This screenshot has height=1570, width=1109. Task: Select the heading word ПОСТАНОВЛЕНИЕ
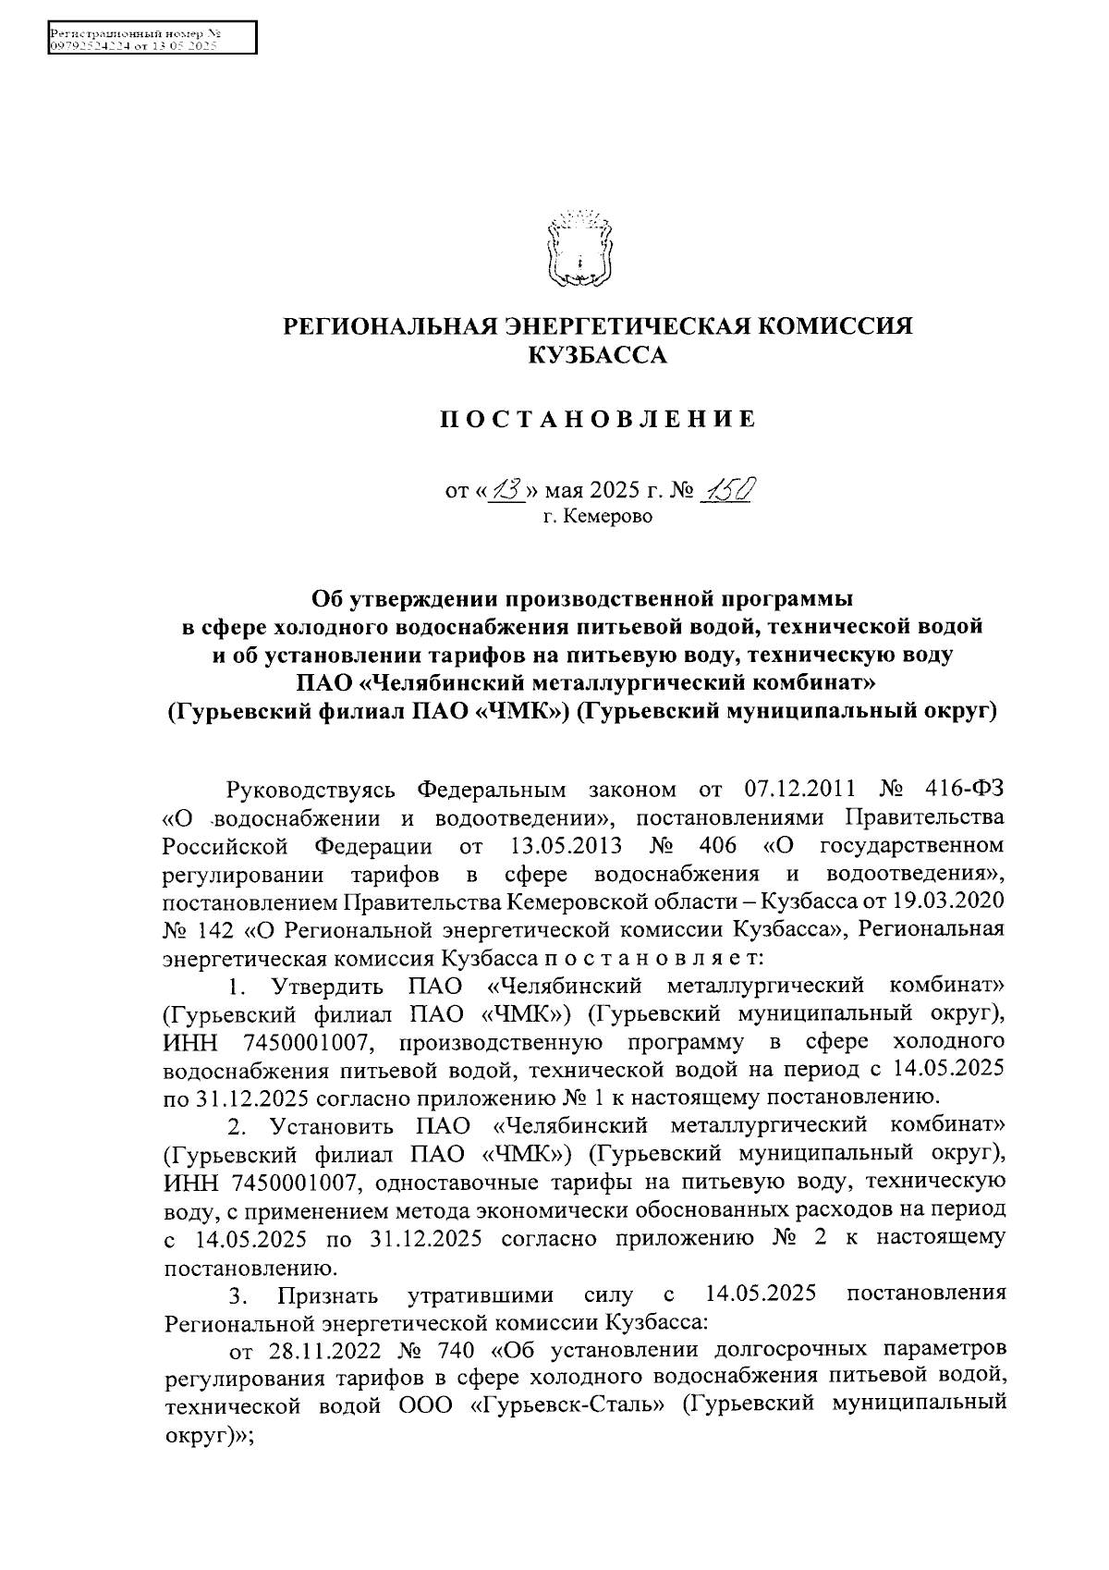tap(596, 421)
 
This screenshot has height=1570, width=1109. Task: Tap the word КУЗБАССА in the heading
tap(596, 355)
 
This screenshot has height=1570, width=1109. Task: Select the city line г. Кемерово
tap(597, 517)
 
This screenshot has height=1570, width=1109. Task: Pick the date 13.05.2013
tap(565, 846)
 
